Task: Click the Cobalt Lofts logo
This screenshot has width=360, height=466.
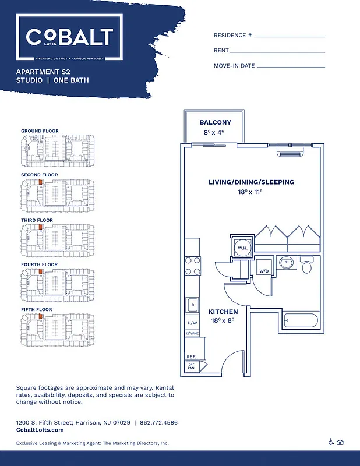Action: tap(69, 38)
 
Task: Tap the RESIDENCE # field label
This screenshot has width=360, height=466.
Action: tap(232, 36)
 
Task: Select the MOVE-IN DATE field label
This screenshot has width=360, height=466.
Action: tap(234, 66)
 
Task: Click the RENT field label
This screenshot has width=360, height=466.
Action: tap(221, 51)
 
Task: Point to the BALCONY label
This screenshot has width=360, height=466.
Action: tap(215, 122)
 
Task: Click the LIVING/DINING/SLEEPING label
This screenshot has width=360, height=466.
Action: tap(251, 182)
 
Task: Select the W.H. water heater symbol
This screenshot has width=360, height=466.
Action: tap(242, 248)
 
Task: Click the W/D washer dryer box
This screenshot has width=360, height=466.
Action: tap(264, 270)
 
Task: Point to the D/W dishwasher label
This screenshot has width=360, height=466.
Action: tap(191, 323)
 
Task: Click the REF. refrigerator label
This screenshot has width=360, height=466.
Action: tap(190, 356)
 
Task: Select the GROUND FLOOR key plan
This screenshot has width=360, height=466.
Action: tap(57, 146)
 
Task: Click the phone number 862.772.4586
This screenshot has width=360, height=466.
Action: tap(159, 422)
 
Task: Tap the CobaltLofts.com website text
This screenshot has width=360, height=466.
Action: tap(40, 430)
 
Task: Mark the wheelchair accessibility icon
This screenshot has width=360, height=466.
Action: tap(331, 442)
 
